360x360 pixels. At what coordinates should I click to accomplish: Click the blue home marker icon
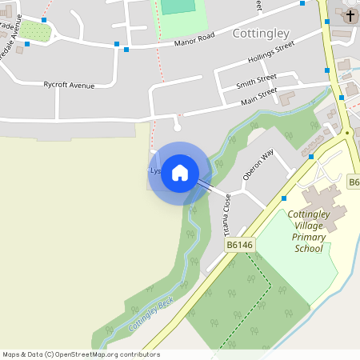coord(180,172)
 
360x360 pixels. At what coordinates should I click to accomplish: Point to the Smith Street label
coord(256,82)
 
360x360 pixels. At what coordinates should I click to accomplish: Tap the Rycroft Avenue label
coord(69,85)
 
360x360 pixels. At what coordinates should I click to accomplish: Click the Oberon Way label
coord(263,164)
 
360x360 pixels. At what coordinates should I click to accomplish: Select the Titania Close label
coord(228,213)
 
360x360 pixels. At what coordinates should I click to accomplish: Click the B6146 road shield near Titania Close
coord(239,245)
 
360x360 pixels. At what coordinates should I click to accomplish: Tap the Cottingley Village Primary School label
coord(308,231)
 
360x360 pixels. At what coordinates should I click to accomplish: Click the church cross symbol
coord(350,16)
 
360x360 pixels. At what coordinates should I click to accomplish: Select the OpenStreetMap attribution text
coord(81,354)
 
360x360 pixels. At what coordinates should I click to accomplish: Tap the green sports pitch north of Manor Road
coord(177,6)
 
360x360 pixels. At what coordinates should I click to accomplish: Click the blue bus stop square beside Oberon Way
coord(283,198)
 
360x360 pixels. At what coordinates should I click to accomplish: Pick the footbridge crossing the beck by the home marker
coord(205,185)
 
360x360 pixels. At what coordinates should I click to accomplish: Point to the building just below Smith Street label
coord(286,97)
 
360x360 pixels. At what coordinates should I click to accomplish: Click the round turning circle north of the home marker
coord(178,126)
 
